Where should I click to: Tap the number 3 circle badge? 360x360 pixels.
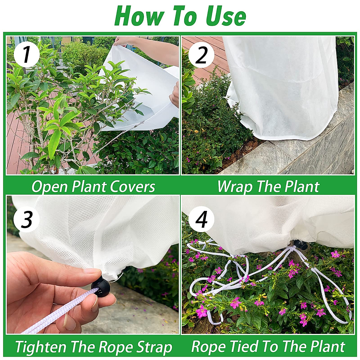point(26,218)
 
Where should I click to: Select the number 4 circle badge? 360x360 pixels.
point(201,218)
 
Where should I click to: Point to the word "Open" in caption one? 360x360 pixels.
point(50,187)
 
